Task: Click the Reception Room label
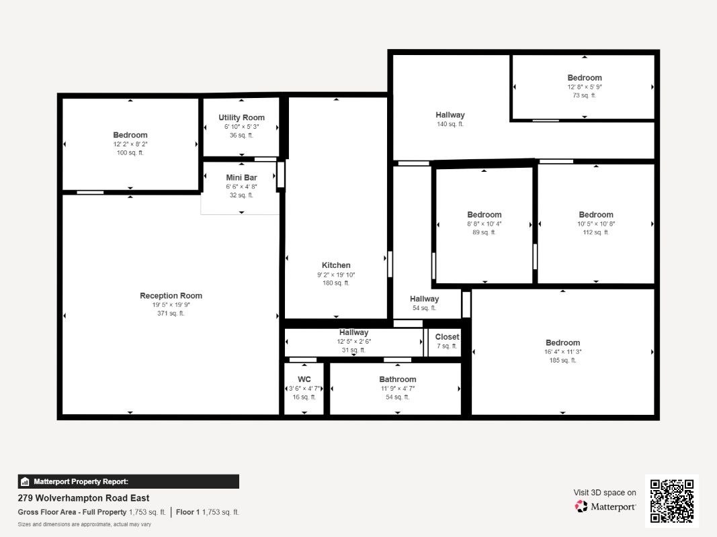click(171, 295)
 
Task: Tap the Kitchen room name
click(336, 265)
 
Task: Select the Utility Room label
click(241, 117)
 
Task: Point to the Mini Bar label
click(241, 178)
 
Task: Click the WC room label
click(304, 379)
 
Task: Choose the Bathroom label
click(398, 379)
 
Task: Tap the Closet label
click(447, 336)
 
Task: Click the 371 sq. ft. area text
click(171, 313)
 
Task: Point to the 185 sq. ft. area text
click(563, 360)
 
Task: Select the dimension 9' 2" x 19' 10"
click(336, 275)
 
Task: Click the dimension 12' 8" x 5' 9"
click(585, 87)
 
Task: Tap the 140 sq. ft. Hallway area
click(450, 124)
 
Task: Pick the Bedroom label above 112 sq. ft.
click(596, 215)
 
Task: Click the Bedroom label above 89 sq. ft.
click(484, 215)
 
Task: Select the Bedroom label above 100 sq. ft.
click(130, 135)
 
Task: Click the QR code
click(672, 501)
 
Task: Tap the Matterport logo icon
click(581, 506)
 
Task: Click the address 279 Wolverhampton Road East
click(84, 497)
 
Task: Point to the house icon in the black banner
click(25, 481)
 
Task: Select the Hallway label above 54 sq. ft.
click(424, 299)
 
